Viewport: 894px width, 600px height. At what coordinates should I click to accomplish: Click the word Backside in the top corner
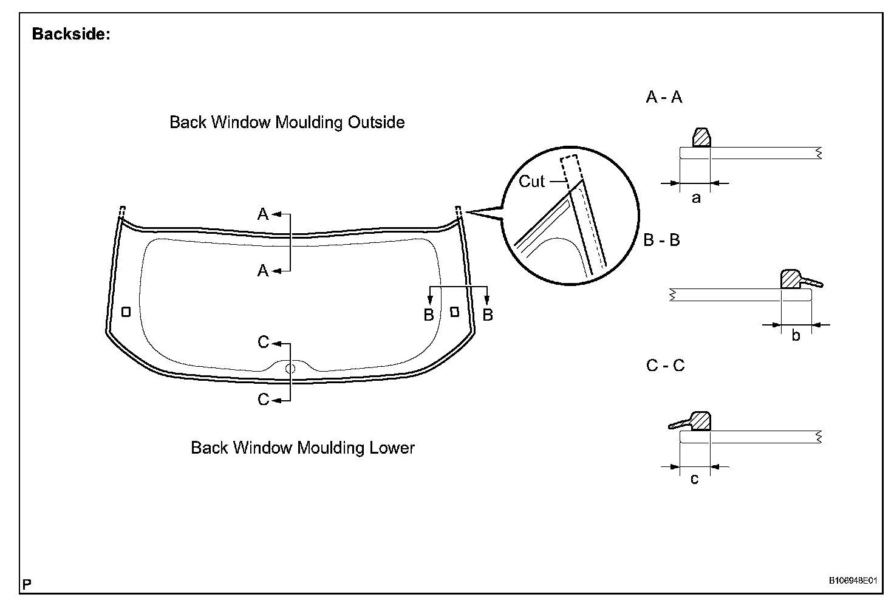pyautogui.click(x=70, y=34)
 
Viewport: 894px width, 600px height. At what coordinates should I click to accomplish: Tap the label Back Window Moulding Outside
pyautogui.click(x=287, y=122)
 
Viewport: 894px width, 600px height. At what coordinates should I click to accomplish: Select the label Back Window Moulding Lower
pyautogui.click(x=302, y=448)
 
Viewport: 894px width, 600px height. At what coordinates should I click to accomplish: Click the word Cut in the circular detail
pyautogui.click(x=531, y=181)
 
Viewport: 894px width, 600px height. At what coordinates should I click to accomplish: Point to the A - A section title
pyautogui.click(x=664, y=97)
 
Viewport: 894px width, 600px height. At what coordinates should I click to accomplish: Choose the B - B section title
pyautogui.click(x=661, y=240)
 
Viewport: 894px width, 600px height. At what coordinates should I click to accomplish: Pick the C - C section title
pyautogui.click(x=665, y=366)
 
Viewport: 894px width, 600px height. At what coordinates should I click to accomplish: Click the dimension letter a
pyautogui.click(x=696, y=198)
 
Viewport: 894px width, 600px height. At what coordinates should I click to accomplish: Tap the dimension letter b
pyautogui.click(x=796, y=336)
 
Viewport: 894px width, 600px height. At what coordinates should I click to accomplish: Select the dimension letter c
pyautogui.click(x=695, y=479)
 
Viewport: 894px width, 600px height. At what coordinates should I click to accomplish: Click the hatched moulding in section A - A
pyautogui.click(x=701, y=138)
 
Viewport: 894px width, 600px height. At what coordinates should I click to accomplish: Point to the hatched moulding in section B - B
pyautogui.click(x=791, y=279)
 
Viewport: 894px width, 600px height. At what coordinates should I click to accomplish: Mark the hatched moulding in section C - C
pyautogui.click(x=701, y=421)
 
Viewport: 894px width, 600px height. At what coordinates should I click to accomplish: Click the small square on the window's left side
pyautogui.click(x=126, y=312)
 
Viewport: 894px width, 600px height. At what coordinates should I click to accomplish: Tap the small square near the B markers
pyautogui.click(x=454, y=312)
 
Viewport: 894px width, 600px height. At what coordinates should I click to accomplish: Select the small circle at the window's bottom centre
pyautogui.click(x=290, y=368)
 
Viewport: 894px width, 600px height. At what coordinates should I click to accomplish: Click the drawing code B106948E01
pyautogui.click(x=853, y=581)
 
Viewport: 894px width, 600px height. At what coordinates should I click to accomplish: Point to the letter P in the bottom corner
pyautogui.click(x=27, y=584)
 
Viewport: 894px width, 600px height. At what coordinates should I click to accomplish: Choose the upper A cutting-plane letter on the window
pyautogui.click(x=263, y=214)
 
